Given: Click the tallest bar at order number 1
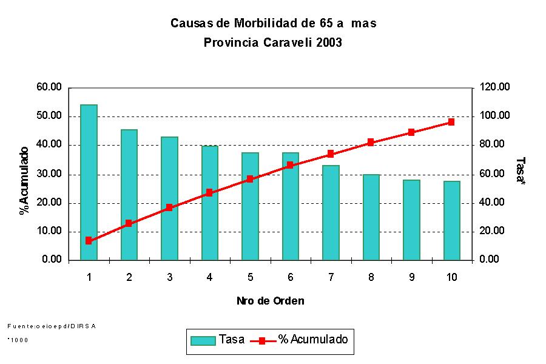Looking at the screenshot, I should tap(89, 182).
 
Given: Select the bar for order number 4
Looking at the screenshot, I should tap(209, 203).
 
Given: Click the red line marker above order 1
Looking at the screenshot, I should tap(89, 241).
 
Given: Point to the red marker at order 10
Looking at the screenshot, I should tap(451, 122).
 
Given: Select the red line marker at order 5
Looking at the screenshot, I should tap(250, 179).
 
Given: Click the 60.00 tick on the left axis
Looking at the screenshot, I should tap(49, 87).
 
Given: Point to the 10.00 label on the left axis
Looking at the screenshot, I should tap(49, 231).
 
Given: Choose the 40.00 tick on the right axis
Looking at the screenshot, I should tap(493, 203).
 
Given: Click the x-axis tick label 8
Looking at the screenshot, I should tap(371, 277).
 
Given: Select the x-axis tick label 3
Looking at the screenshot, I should tap(169, 277).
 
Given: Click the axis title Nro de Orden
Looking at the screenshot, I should tap(271, 301).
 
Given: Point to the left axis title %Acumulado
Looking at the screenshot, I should tap(24, 181).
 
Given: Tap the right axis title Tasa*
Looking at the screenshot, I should tap(519, 171).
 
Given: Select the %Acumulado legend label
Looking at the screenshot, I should tap(313, 340).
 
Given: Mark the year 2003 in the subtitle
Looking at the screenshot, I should tap(329, 42).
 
